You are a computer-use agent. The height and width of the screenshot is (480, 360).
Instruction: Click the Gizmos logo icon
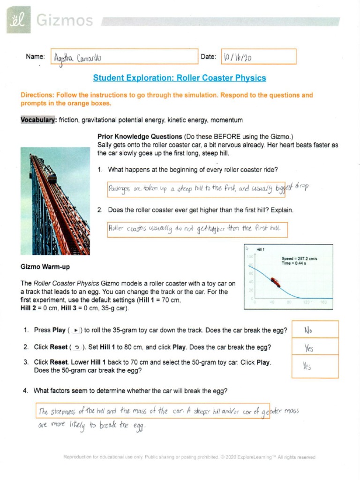pos(18,20)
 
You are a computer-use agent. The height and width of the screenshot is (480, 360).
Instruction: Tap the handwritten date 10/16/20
pos(238,57)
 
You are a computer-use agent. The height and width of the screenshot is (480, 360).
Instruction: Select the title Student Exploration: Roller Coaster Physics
pos(180,78)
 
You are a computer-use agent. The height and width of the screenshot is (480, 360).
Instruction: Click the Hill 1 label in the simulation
pos(262,249)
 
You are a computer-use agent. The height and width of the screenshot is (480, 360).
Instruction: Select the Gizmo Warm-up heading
pos(45,267)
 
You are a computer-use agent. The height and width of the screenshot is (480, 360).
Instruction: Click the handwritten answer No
pos(308,330)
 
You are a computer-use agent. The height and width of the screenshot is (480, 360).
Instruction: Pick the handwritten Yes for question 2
pos(309,348)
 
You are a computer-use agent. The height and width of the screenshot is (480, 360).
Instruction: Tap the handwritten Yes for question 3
pos(307,367)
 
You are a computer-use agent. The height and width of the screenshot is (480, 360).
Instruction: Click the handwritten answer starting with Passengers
pos(202,188)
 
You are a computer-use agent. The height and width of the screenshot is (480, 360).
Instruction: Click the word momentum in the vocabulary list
pos(228,120)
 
